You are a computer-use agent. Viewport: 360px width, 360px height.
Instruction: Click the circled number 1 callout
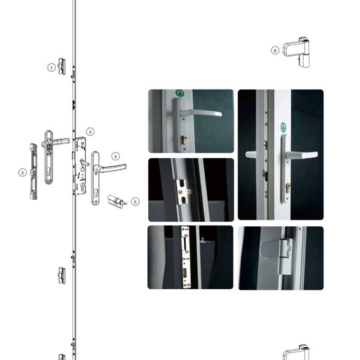click(x=52, y=68)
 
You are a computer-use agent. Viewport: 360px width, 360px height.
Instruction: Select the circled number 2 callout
click(x=22, y=173)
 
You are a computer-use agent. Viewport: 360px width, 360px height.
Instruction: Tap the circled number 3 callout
click(x=90, y=132)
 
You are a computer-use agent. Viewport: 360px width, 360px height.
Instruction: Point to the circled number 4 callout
click(x=115, y=157)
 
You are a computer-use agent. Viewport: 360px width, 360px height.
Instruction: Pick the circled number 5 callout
click(x=135, y=202)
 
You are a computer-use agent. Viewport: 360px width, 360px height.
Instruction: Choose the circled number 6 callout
click(x=275, y=50)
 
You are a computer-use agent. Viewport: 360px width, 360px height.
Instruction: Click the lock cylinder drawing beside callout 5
click(x=117, y=202)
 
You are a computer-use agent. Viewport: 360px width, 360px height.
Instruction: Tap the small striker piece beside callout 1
click(x=61, y=66)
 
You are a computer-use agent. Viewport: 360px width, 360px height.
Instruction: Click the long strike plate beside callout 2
click(x=34, y=171)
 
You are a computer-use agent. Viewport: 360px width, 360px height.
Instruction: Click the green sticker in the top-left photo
click(x=180, y=93)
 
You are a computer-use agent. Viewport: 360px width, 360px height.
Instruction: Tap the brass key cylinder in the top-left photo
click(x=184, y=140)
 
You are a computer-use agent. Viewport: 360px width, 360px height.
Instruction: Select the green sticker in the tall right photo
click(x=283, y=127)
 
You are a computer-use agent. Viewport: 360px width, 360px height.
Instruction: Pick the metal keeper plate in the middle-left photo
click(x=183, y=191)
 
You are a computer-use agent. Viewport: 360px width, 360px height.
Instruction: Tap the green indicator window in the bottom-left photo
click(x=185, y=273)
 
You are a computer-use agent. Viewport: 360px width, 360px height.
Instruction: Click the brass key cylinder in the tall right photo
click(x=288, y=188)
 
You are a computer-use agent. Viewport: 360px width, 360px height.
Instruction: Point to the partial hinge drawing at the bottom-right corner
click(x=296, y=352)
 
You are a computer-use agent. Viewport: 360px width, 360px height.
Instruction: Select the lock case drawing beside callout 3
click(x=79, y=166)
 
